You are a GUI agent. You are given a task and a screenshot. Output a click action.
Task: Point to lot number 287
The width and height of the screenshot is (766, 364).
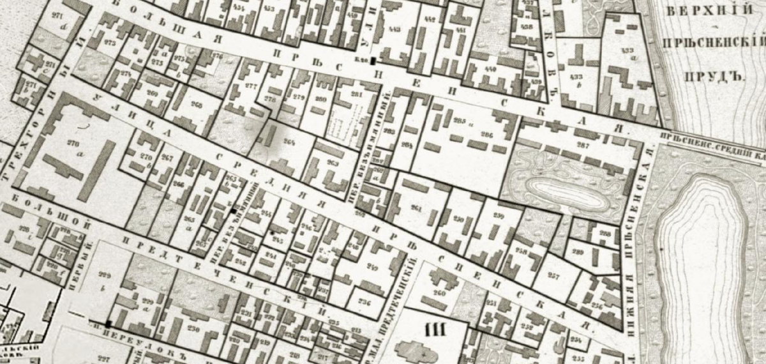coord(582,145)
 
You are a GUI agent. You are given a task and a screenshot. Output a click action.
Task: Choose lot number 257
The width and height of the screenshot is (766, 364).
coord(552,276)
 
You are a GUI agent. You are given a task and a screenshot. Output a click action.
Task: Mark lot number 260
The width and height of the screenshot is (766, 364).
coord(439,294)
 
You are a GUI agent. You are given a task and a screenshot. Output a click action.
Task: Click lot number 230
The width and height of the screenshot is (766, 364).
coord(193,330)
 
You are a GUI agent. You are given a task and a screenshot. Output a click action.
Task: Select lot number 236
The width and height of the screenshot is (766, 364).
coord(364,302)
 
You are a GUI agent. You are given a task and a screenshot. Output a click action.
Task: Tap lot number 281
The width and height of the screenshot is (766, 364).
coord(356,96)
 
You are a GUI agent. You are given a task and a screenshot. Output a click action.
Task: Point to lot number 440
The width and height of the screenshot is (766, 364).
coord(490,68)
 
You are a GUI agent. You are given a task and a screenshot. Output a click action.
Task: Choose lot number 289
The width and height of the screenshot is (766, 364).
coord(578,252)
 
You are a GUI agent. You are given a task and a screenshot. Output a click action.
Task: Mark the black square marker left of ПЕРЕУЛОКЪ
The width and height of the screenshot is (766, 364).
coord(109,324)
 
